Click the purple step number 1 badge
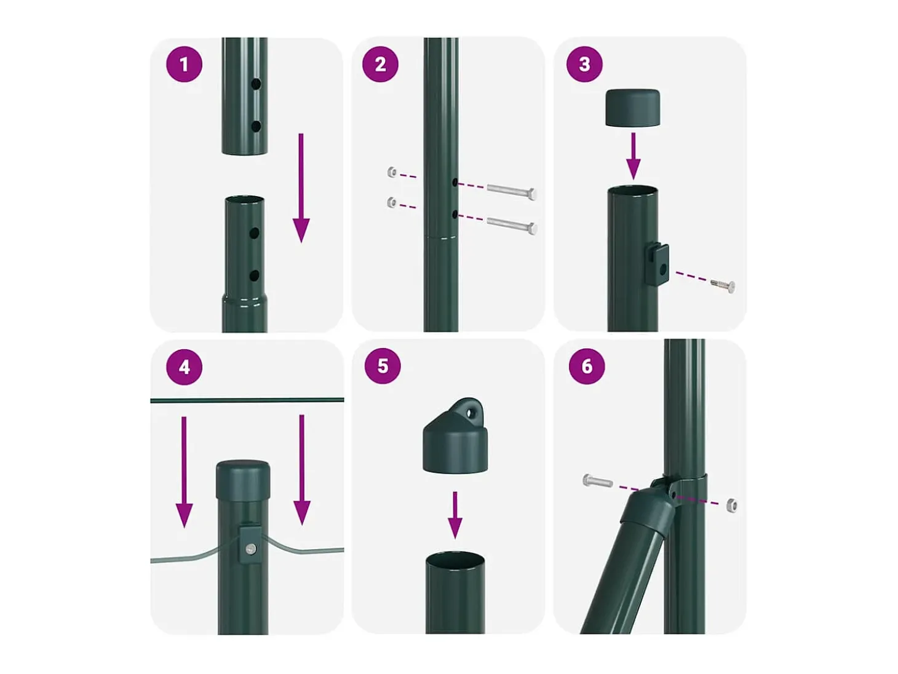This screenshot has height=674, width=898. [184, 64]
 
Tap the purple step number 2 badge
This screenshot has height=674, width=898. [380, 64]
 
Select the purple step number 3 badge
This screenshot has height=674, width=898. [584, 64]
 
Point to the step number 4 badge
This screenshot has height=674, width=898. [184, 367]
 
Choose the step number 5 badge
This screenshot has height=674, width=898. [383, 366]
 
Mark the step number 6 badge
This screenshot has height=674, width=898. [587, 366]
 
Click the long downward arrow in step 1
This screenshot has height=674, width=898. [301, 188]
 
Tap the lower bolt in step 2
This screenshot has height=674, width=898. [511, 225]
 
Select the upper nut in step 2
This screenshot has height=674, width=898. [392, 172]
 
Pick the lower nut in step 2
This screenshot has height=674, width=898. [392, 202]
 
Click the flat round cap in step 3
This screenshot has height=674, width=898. [632, 108]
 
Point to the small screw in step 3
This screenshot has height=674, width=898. [723, 285]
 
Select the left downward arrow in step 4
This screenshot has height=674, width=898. [184, 472]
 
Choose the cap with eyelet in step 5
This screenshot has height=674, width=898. [455, 436]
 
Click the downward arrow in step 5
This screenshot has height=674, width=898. [455, 515]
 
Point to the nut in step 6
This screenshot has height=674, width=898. [732, 505]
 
